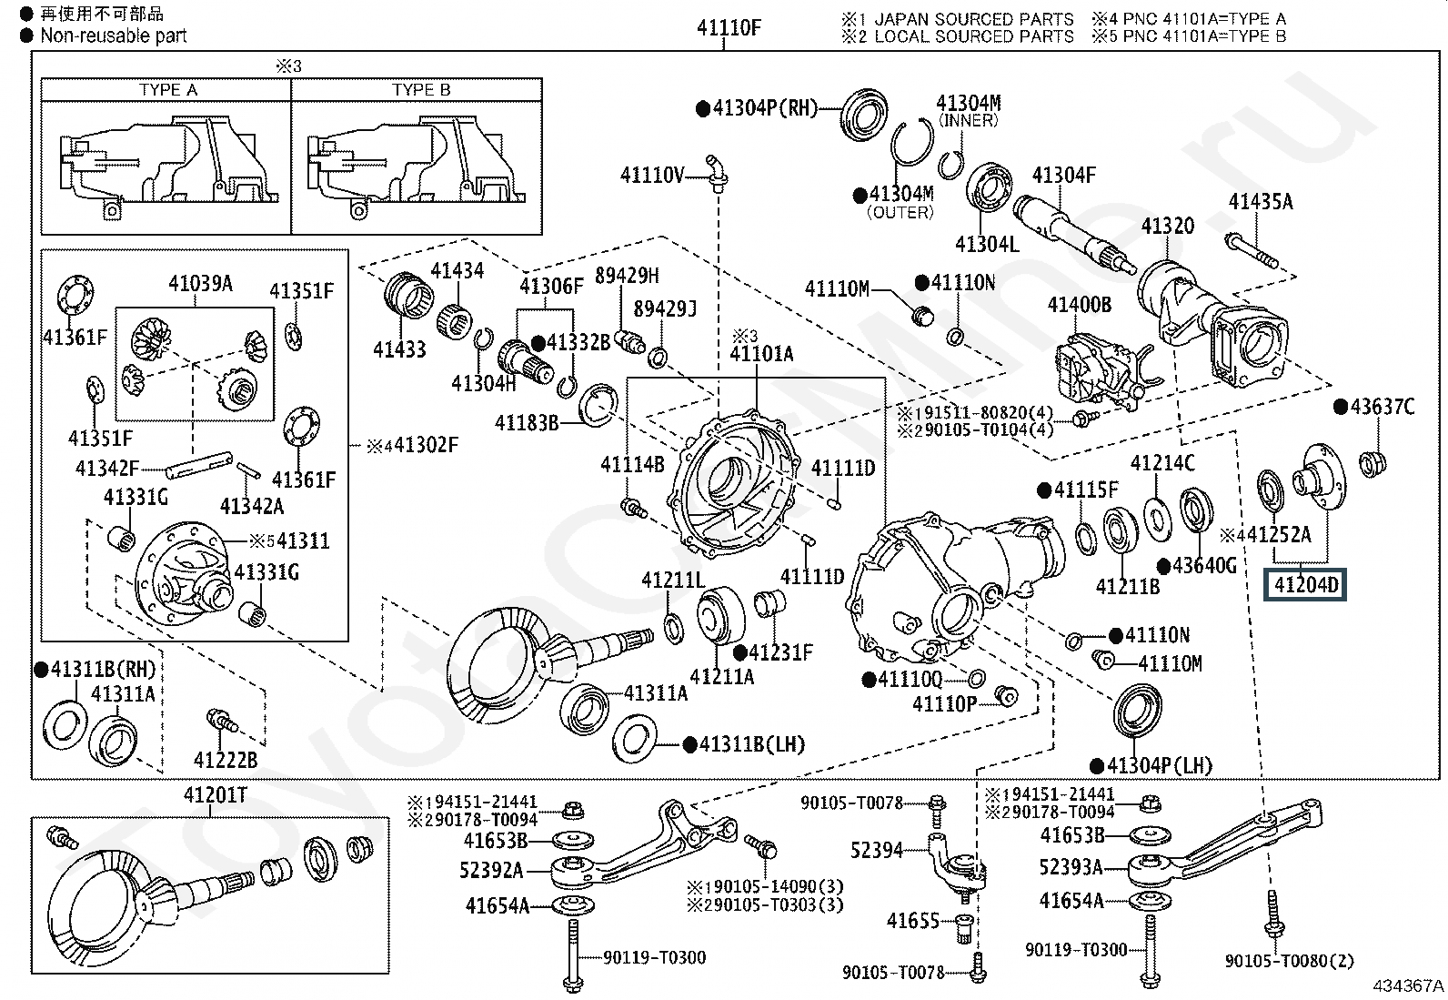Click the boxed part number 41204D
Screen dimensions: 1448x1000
click(x=1305, y=585)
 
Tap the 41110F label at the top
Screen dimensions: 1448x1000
click(x=729, y=28)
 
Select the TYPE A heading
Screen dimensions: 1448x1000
click(x=168, y=90)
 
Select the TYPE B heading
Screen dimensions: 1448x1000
click(x=421, y=90)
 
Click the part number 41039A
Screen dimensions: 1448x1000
click(x=200, y=283)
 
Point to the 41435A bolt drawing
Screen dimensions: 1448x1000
click(x=1252, y=251)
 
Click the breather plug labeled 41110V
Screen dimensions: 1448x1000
click(x=716, y=173)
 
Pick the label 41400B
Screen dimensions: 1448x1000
click(x=1079, y=304)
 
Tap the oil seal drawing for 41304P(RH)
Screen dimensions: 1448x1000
click(x=864, y=115)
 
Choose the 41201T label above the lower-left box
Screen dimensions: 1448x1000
click(x=216, y=795)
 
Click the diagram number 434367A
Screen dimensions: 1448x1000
click(x=1408, y=985)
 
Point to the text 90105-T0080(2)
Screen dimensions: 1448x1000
click(x=1289, y=961)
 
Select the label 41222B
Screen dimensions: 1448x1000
click(x=226, y=760)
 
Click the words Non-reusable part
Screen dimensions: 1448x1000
click(x=113, y=35)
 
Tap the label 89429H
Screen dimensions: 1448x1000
click(x=627, y=276)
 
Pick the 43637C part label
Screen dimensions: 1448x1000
click(x=1383, y=406)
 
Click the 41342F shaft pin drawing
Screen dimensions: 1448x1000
click(x=199, y=464)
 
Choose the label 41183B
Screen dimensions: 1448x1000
click(x=527, y=423)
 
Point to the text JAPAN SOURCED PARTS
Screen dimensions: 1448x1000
click(x=973, y=19)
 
